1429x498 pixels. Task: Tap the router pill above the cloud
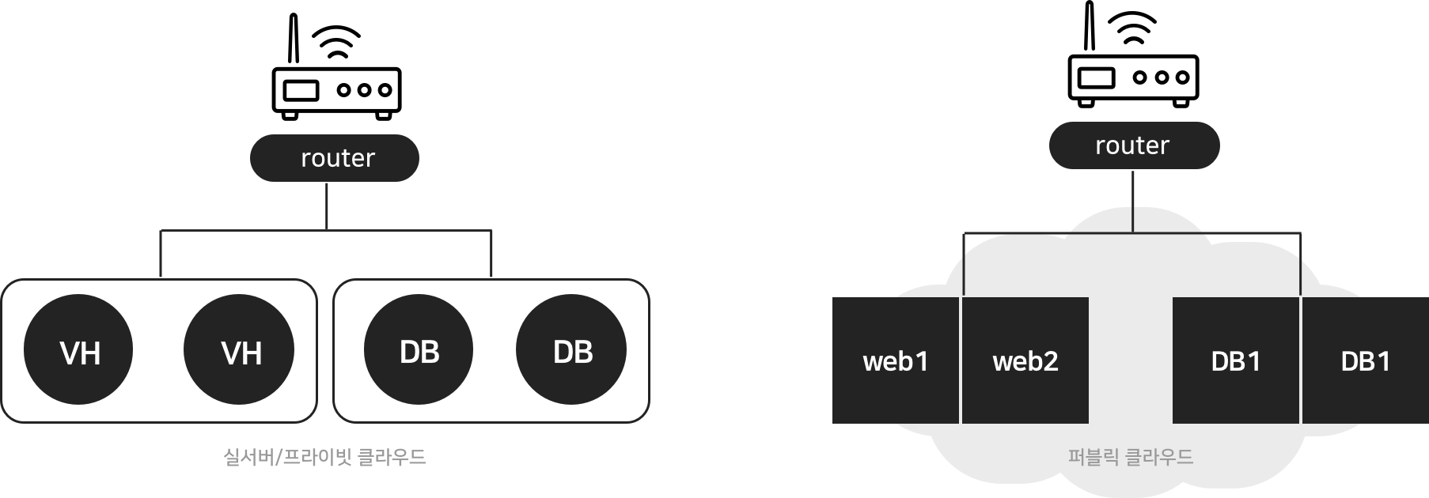click(x=1133, y=145)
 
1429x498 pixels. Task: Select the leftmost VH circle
click(x=79, y=349)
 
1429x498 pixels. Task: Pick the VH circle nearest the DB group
click(x=240, y=349)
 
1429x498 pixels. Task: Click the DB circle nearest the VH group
click(x=419, y=349)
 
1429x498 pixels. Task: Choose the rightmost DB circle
click(x=571, y=349)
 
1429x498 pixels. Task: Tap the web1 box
click(x=895, y=361)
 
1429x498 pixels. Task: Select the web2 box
click(x=1025, y=361)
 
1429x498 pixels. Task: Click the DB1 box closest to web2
click(x=1235, y=361)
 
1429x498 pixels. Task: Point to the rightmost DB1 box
click(x=1365, y=361)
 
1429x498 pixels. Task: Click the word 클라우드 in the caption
click(x=392, y=457)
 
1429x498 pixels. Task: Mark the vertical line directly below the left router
click(x=327, y=206)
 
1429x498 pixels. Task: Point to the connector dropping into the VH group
click(x=161, y=255)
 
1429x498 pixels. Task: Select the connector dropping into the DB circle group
click(x=491, y=255)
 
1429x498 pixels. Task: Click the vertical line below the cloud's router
click(x=1133, y=201)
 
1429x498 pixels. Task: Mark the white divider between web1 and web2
click(x=961, y=360)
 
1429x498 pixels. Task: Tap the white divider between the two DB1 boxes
click(x=1301, y=360)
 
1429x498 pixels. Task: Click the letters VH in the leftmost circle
click(x=80, y=353)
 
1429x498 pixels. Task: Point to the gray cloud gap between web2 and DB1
click(x=1130, y=361)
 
